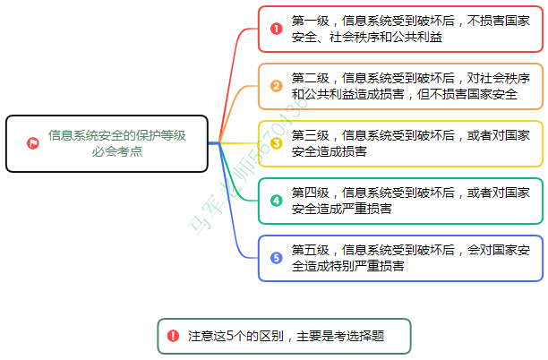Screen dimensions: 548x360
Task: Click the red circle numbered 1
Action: pos(276,29)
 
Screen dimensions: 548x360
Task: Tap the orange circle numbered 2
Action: pos(276,86)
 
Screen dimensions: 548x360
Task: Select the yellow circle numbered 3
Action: pos(276,143)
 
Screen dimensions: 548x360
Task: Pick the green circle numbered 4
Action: pos(276,200)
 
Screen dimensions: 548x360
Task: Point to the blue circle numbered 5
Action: pos(276,258)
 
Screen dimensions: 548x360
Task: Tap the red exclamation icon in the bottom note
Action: pos(173,336)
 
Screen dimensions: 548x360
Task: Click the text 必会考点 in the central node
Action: pos(116,151)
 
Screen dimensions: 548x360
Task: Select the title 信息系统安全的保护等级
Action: pos(116,135)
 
